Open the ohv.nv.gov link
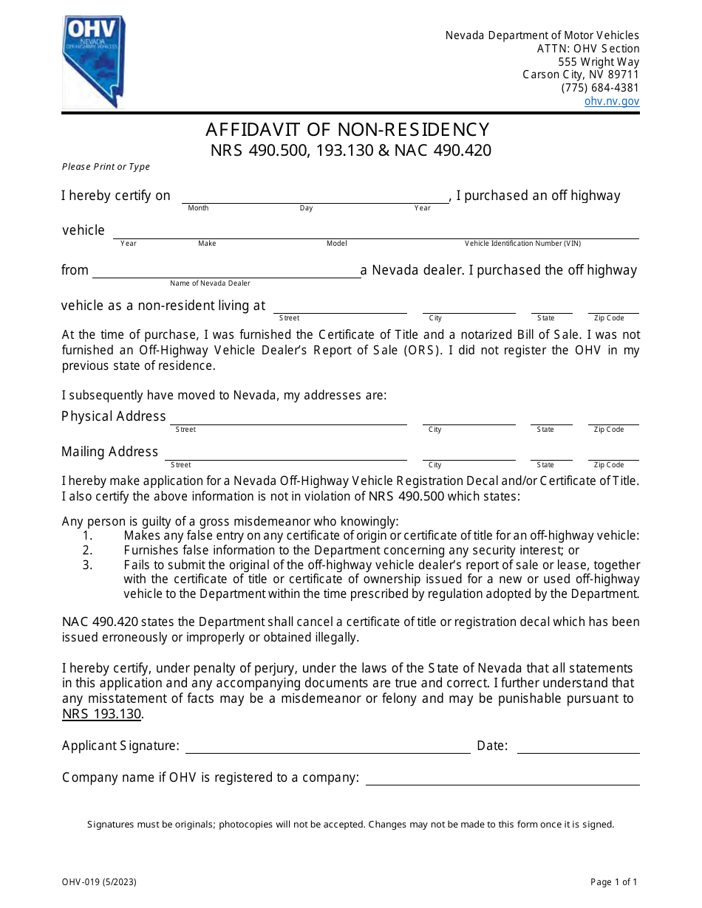click(x=612, y=102)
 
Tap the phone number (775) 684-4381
click(x=600, y=88)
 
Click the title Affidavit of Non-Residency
click(x=347, y=130)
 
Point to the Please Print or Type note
click(x=106, y=167)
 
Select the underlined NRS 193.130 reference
click(x=101, y=714)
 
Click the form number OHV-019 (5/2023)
click(x=99, y=882)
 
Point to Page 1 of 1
click(x=613, y=882)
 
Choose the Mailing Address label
click(x=110, y=452)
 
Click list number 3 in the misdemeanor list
click(x=87, y=565)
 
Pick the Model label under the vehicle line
click(x=336, y=244)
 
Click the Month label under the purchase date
click(x=198, y=208)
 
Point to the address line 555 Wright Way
click(x=599, y=62)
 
